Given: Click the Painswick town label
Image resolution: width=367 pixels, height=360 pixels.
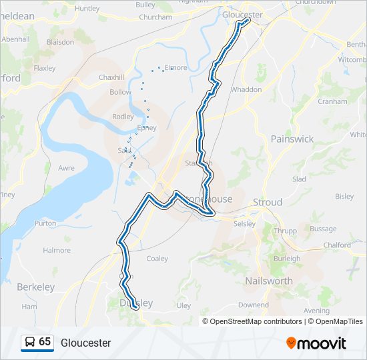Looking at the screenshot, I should [x=292, y=139].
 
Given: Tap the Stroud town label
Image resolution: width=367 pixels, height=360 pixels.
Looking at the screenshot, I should [x=267, y=202].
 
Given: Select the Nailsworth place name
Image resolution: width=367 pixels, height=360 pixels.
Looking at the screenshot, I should [x=268, y=281].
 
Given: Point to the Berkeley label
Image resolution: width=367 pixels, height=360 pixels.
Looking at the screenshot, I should [x=36, y=287].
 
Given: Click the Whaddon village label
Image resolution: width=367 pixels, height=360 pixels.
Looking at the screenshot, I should [x=246, y=89].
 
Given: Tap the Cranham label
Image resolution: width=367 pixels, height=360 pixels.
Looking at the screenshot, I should [x=332, y=101].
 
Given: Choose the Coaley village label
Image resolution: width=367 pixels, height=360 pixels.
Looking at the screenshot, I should [x=157, y=258].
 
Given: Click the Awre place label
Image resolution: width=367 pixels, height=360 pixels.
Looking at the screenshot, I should [x=67, y=168].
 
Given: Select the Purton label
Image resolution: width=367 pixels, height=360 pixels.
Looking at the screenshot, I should [x=45, y=223].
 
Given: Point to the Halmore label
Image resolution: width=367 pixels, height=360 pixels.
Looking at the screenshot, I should [x=57, y=250].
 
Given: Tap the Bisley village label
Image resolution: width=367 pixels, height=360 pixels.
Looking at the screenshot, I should [x=344, y=196].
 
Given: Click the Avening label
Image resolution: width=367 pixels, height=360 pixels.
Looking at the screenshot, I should [x=316, y=311].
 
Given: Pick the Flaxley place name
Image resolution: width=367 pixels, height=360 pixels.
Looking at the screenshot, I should [x=45, y=68].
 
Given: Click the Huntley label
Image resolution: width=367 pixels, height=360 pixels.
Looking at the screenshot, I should [x=87, y=9].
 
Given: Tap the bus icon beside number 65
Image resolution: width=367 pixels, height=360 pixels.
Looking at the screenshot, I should [x=29, y=342].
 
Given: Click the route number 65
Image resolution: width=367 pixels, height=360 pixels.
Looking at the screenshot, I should [x=45, y=341].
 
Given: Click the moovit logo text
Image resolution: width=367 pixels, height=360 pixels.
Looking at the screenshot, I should [x=322, y=343].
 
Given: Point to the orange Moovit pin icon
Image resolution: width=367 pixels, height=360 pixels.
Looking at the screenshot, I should [x=291, y=343].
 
